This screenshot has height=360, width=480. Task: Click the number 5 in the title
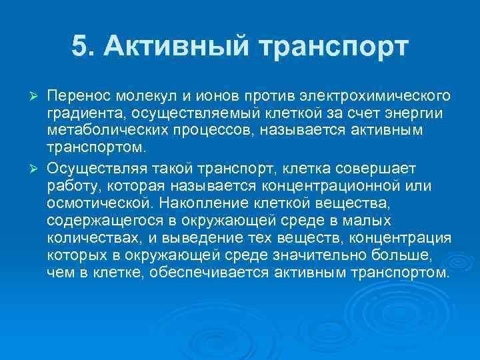click(79, 47)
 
